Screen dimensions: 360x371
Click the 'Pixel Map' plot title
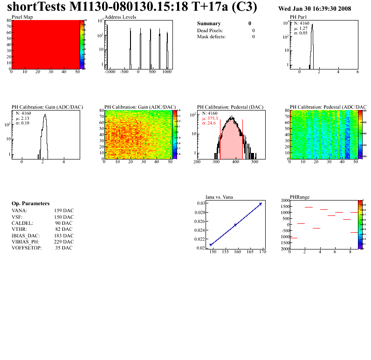22,17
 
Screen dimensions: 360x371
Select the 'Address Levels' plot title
120,17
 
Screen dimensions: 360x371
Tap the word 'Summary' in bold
209,23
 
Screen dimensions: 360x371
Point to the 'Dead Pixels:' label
210,30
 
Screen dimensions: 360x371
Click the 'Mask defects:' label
211,36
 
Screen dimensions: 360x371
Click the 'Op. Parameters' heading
30,204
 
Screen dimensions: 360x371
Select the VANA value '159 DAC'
64,210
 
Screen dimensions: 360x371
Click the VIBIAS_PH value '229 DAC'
64,242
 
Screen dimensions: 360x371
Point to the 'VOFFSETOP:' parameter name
27,248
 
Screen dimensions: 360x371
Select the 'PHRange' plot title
300,196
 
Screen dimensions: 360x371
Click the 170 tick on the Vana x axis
263,252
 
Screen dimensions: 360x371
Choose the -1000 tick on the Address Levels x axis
110,72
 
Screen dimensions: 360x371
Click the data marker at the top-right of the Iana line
261,204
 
